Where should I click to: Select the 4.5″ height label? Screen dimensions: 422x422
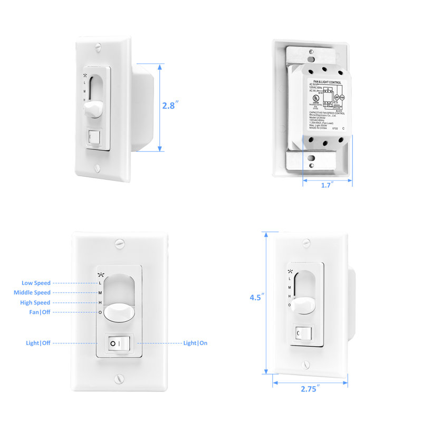coord(256,297)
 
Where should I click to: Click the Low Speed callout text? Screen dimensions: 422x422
coord(36,283)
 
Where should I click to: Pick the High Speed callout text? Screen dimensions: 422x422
coord(36,303)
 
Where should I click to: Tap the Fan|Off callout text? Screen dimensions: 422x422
coord(40,312)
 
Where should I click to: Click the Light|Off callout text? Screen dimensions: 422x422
coord(38,343)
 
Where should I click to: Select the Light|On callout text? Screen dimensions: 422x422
coord(195,343)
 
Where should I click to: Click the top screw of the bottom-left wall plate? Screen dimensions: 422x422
coord(119,244)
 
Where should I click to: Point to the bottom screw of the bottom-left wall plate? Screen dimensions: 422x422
coord(119,379)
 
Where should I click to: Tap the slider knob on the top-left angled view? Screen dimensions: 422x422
coord(91,110)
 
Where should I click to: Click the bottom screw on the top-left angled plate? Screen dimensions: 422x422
coord(98,168)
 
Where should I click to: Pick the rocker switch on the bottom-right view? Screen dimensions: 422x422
coord(301,333)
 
